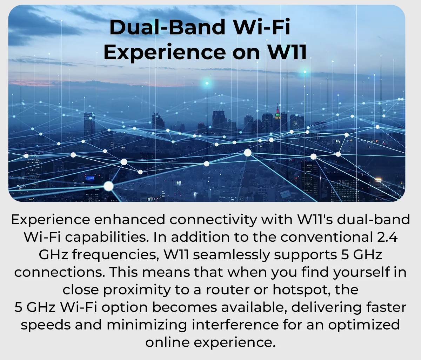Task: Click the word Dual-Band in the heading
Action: (167, 27)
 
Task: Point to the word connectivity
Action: (213, 220)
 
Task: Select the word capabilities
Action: (107, 237)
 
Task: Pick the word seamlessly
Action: (232, 255)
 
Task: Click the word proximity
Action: (137, 290)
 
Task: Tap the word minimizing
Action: (147, 325)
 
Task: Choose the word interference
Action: (235, 325)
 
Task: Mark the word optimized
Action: (364, 325)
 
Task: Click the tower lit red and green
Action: (277, 114)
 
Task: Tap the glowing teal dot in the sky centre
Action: (207, 83)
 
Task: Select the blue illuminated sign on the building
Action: (90, 178)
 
